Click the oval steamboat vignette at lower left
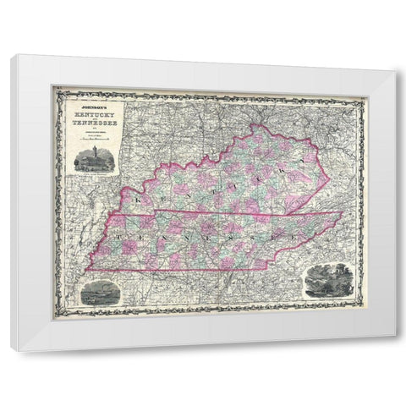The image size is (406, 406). [x=96, y=295]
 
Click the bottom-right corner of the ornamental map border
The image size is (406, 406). [x=365, y=315]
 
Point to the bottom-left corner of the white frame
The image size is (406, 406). [x=12, y=348]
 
